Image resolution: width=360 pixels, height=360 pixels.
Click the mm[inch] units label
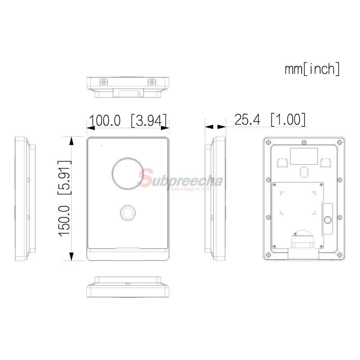click(x=312, y=69)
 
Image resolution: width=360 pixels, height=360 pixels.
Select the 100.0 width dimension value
click(x=105, y=120)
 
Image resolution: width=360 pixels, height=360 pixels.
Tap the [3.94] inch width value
click(x=149, y=120)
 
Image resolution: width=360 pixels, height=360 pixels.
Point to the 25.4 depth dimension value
click(x=248, y=120)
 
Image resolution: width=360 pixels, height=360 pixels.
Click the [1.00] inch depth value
click(x=288, y=120)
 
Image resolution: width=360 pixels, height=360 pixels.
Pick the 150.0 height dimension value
click(x=64, y=221)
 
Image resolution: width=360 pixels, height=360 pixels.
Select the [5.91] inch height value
click(x=64, y=177)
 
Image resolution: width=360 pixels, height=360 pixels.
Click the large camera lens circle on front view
click(x=128, y=174)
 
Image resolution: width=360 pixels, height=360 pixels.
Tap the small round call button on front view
click(x=128, y=213)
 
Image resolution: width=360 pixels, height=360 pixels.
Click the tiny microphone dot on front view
click(x=102, y=146)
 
